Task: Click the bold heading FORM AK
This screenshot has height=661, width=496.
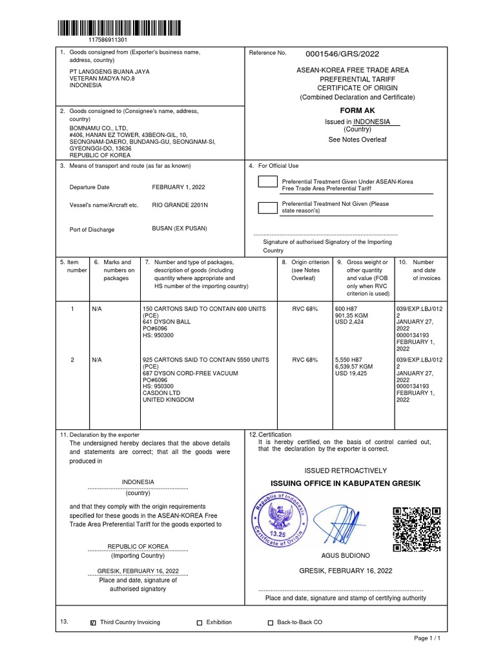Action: [357, 110]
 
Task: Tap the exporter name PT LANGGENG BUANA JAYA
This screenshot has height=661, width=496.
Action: [109, 72]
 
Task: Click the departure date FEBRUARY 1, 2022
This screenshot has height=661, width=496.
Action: [178, 187]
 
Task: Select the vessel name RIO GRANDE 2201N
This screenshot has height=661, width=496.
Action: [180, 205]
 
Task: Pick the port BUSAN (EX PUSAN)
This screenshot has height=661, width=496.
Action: [180, 229]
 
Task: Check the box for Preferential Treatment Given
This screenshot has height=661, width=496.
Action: [267, 181]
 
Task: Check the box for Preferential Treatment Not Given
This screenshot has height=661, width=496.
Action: [267, 207]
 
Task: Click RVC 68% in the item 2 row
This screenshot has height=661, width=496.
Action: [305, 360]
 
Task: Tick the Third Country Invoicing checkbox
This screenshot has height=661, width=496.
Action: [94, 623]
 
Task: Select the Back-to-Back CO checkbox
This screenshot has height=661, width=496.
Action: [271, 623]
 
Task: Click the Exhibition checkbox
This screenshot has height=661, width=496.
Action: [200, 623]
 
